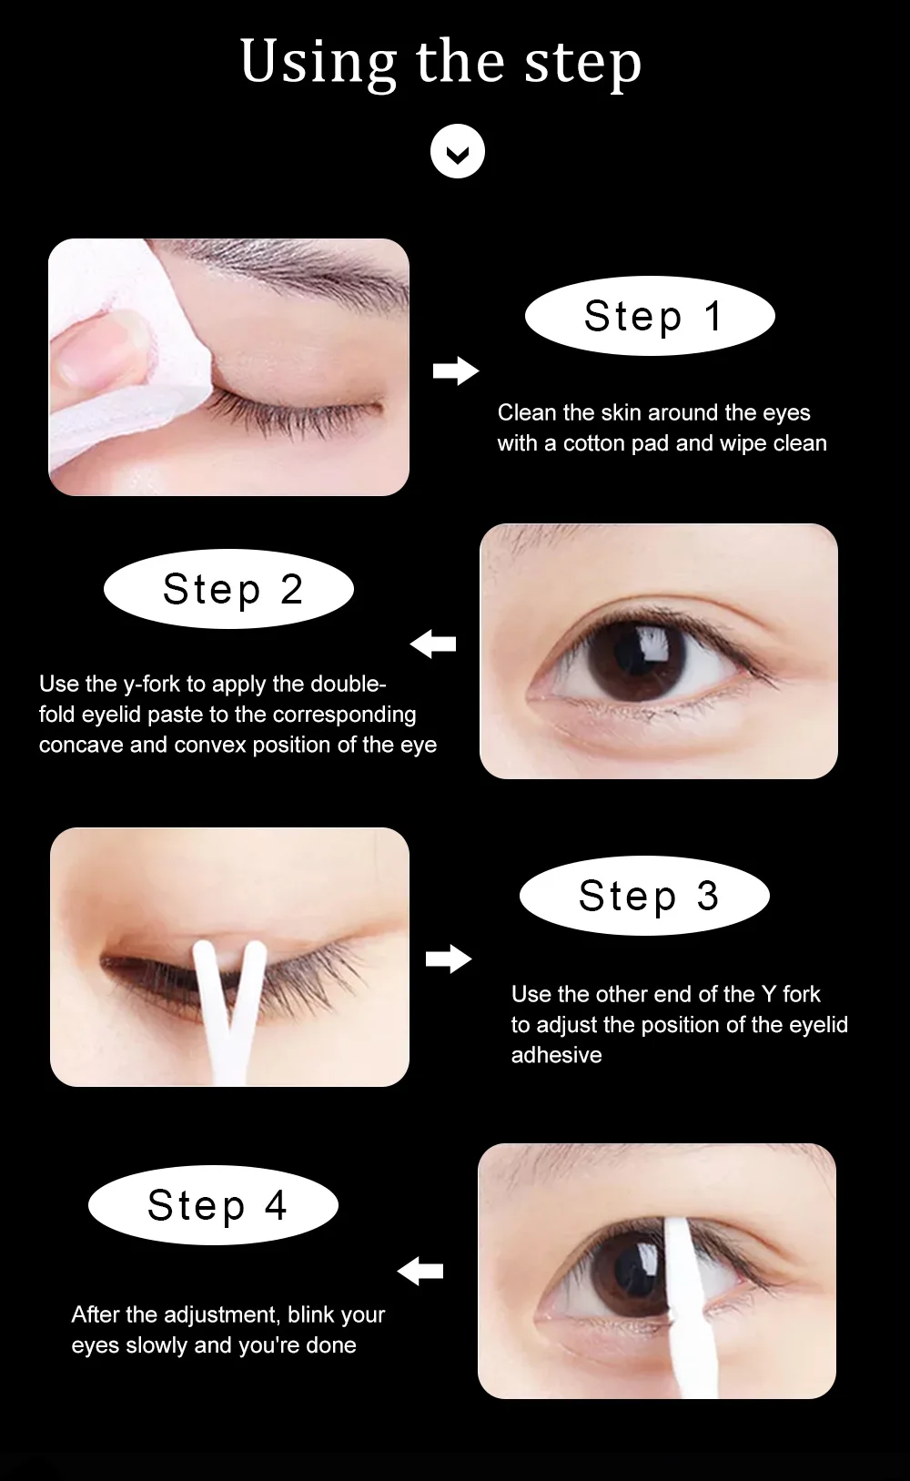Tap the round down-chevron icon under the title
458,151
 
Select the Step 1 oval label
650,316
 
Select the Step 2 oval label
228,589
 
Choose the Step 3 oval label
644,895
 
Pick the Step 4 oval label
213,1205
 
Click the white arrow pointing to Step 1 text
456,370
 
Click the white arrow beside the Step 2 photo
433,644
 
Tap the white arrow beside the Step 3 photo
449,959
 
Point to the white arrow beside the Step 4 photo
420,1271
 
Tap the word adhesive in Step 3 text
556,1055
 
